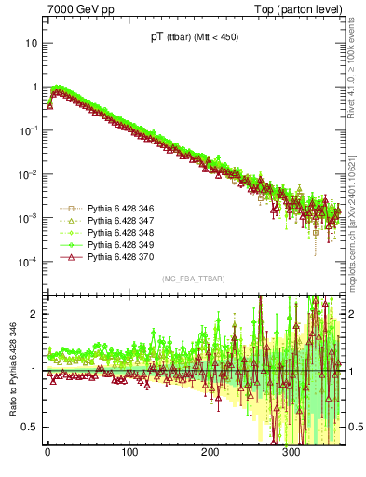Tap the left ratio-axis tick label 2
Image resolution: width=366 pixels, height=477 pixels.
(34, 313)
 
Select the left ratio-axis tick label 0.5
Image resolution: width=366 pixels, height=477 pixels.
(30, 427)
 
